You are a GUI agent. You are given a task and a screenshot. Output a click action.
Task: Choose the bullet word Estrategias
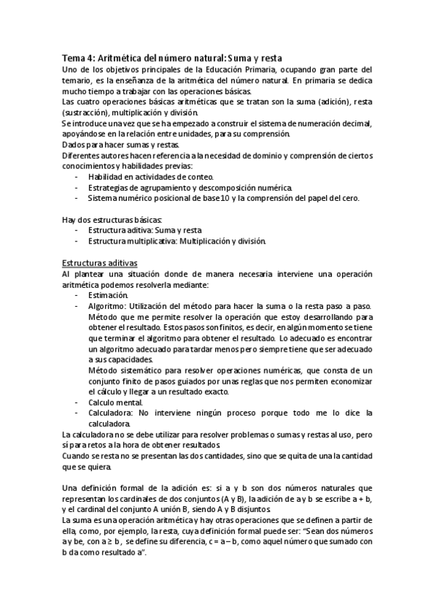click(x=110, y=187)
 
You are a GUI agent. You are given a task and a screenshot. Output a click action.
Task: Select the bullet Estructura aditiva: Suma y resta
click(x=141, y=230)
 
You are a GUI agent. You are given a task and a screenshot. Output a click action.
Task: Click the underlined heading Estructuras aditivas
click(x=96, y=263)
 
